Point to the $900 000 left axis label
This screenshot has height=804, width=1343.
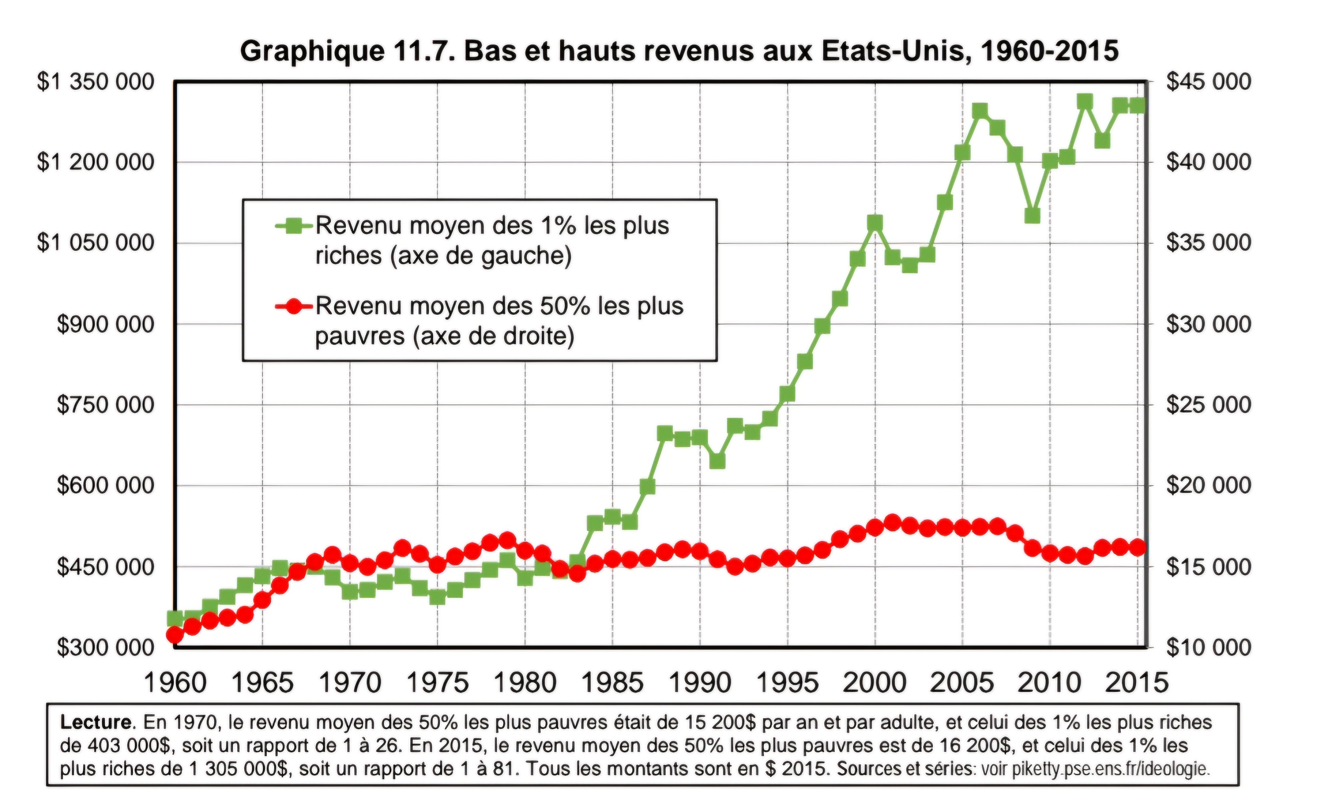click(105, 325)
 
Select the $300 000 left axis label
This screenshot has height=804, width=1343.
click(105, 647)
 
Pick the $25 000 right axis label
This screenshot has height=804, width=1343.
click(1209, 405)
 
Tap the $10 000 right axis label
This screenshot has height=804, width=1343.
click(1209, 647)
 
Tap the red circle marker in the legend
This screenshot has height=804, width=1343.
click(294, 307)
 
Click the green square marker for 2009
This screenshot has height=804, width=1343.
click(1032, 215)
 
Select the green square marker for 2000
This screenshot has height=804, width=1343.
click(874, 223)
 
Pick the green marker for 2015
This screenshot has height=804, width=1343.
click(1138, 106)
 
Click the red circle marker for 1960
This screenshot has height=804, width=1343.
click(174, 634)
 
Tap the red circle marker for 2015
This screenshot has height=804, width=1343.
click(1138, 547)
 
